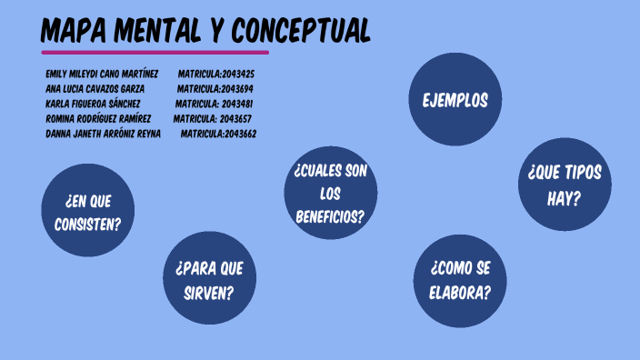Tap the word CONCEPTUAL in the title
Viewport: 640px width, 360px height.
coord(301,31)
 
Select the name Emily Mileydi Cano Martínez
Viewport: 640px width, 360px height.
coord(102,74)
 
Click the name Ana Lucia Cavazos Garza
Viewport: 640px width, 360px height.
coord(95,89)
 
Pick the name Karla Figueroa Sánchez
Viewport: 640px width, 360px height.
coord(93,104)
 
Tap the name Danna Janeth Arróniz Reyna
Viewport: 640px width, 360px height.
coord(103,134)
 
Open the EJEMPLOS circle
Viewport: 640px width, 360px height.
coord(455,99)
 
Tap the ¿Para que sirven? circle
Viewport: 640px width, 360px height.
coord(209,280)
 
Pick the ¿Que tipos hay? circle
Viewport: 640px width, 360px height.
coord(564,185)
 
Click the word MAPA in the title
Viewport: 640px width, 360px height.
coord(73,31)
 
